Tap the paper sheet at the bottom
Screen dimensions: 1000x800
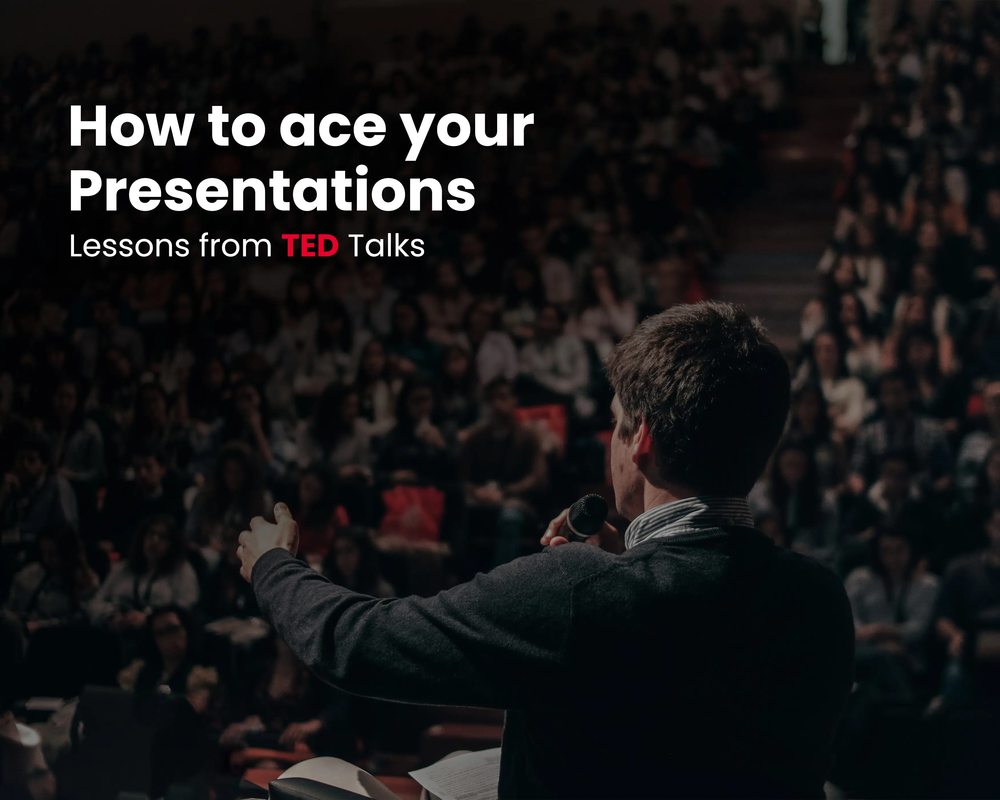(457, 775)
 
